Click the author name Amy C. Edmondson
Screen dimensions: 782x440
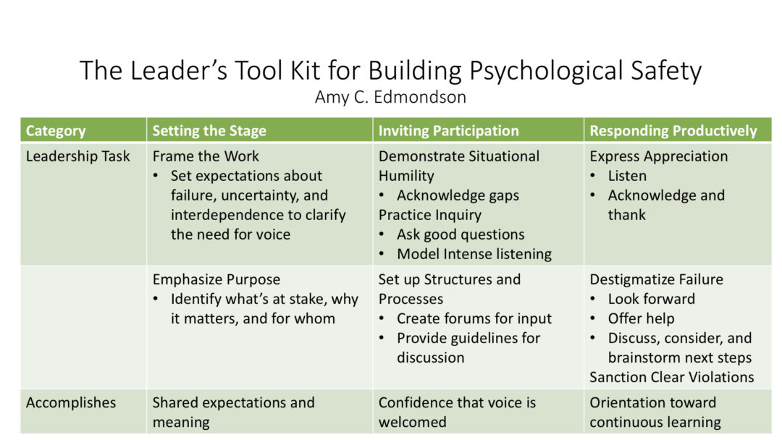pos(390,97)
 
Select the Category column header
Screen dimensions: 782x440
pos(56,131)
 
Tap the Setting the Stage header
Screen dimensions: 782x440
pos(209,130)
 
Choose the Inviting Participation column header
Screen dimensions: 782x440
pos(448,130)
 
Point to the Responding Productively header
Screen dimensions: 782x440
pos(673,130)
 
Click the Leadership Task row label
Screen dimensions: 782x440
pos(77,156)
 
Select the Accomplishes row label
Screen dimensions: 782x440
pos(71,402)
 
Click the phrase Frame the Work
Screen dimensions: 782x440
pos(206,156)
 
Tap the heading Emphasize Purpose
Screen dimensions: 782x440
pos(216,279)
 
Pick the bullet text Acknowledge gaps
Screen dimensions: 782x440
pos(458,195)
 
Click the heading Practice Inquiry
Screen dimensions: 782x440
pos(430,215)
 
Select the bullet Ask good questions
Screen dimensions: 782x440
pos(461,234)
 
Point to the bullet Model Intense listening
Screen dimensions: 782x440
pos(474,254)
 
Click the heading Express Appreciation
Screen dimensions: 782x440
pos(658,156)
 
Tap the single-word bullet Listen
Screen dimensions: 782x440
pos(627,175)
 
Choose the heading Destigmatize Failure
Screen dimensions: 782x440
pos(656,279)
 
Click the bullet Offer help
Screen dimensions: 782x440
pos(641,318)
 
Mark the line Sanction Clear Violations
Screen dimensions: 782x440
pos(671,377)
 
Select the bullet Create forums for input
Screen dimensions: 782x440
pos(474,318)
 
